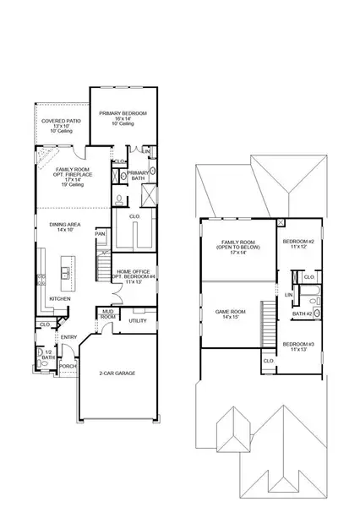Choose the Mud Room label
[109, 315]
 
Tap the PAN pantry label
[100, 234]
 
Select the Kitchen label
[59, 299]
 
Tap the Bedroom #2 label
[300, 244]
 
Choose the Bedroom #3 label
[300, 346]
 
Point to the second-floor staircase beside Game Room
[271, 325]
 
